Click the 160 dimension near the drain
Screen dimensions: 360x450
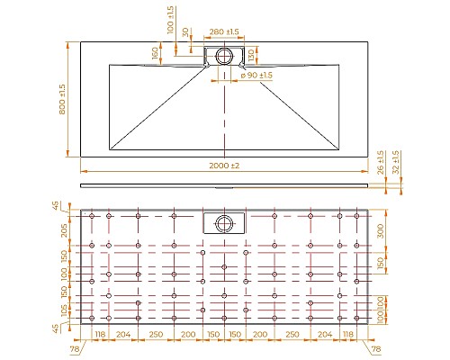point(154,54)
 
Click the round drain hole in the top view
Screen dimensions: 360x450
point(223,55)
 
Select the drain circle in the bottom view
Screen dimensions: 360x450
point(223,222)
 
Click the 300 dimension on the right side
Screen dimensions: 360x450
point(381,230)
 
